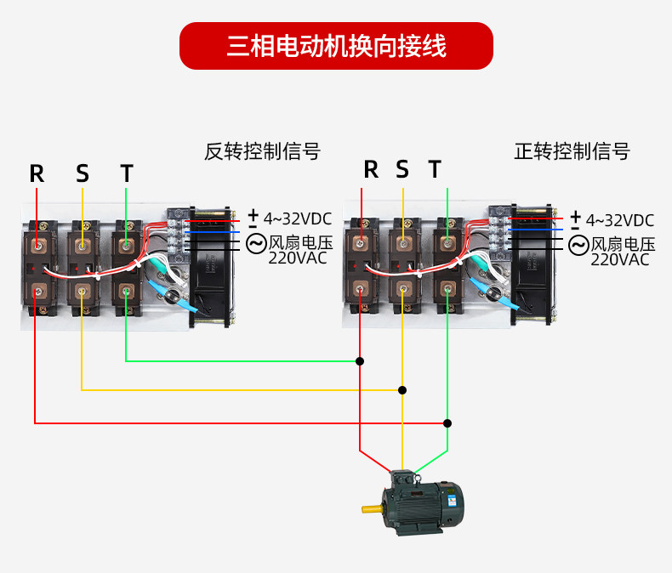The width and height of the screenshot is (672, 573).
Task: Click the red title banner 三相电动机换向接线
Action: (x=336, y=46)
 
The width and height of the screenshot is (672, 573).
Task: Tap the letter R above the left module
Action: (x=37, y=173)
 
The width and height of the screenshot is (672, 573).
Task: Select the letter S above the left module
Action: (x=82, y=173)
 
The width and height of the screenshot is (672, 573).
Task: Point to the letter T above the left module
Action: (x=127, y=173)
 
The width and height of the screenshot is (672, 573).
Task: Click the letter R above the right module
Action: (x=371, y=169)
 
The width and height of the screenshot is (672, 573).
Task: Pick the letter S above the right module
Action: (x=402, y=169)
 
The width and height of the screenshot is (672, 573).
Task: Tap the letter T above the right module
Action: (x=435, y=169)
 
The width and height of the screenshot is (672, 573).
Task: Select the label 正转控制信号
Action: (x=572, y=151)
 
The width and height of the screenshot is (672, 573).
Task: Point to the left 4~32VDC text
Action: (x=297, y=219)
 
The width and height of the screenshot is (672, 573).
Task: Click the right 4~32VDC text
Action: (x=619, y=219)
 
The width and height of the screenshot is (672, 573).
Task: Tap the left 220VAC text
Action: (x=298, y=258)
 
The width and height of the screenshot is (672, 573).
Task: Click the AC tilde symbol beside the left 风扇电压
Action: (x=255, y=244)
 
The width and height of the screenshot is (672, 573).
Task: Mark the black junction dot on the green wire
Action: (x=360, y=361)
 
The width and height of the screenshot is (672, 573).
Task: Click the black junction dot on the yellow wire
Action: (x=402, y=390)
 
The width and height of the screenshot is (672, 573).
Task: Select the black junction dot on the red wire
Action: (x=447, y=423)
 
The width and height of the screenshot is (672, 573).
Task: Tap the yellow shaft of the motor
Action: (x=372, y=509)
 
